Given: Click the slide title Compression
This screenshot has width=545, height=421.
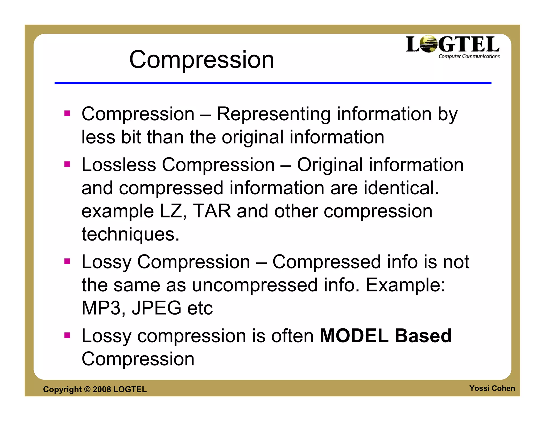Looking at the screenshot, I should pyautogui.click(x=201, y=60).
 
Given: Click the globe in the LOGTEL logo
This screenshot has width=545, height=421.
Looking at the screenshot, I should pyautogui.click(x=428, y=44).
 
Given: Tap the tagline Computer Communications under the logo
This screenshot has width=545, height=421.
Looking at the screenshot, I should pyautogui.click(x=469, y=56).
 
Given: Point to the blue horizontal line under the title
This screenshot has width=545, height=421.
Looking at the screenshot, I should pyautogui.click(x=273, y=83).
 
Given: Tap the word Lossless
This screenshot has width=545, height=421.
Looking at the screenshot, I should pyautogui.click(x=119, y=165).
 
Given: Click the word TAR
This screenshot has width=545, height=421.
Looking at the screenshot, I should pyautogui.click(x=212, y=211).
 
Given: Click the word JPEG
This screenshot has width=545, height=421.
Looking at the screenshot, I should pyautogui.click(x=156, y=308).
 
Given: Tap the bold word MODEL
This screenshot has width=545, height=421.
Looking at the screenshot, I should pyautogui.click(x=354, y=336).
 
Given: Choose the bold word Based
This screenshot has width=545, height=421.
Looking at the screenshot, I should pyautogui.click(x=423, y=336).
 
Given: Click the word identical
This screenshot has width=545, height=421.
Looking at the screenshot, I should pyautogui.click(x=401, y=188).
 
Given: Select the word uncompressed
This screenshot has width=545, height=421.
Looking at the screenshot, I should pyautogui.click(x=255, y=285).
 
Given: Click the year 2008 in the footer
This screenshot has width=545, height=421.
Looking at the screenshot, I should pyautogui.click(x=102, y=389).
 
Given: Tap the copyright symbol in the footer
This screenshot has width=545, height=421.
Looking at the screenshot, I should pyautogui.click(x=87, y=389).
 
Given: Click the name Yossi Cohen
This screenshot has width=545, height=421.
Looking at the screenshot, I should pyautogui.click(x=492, y=388).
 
